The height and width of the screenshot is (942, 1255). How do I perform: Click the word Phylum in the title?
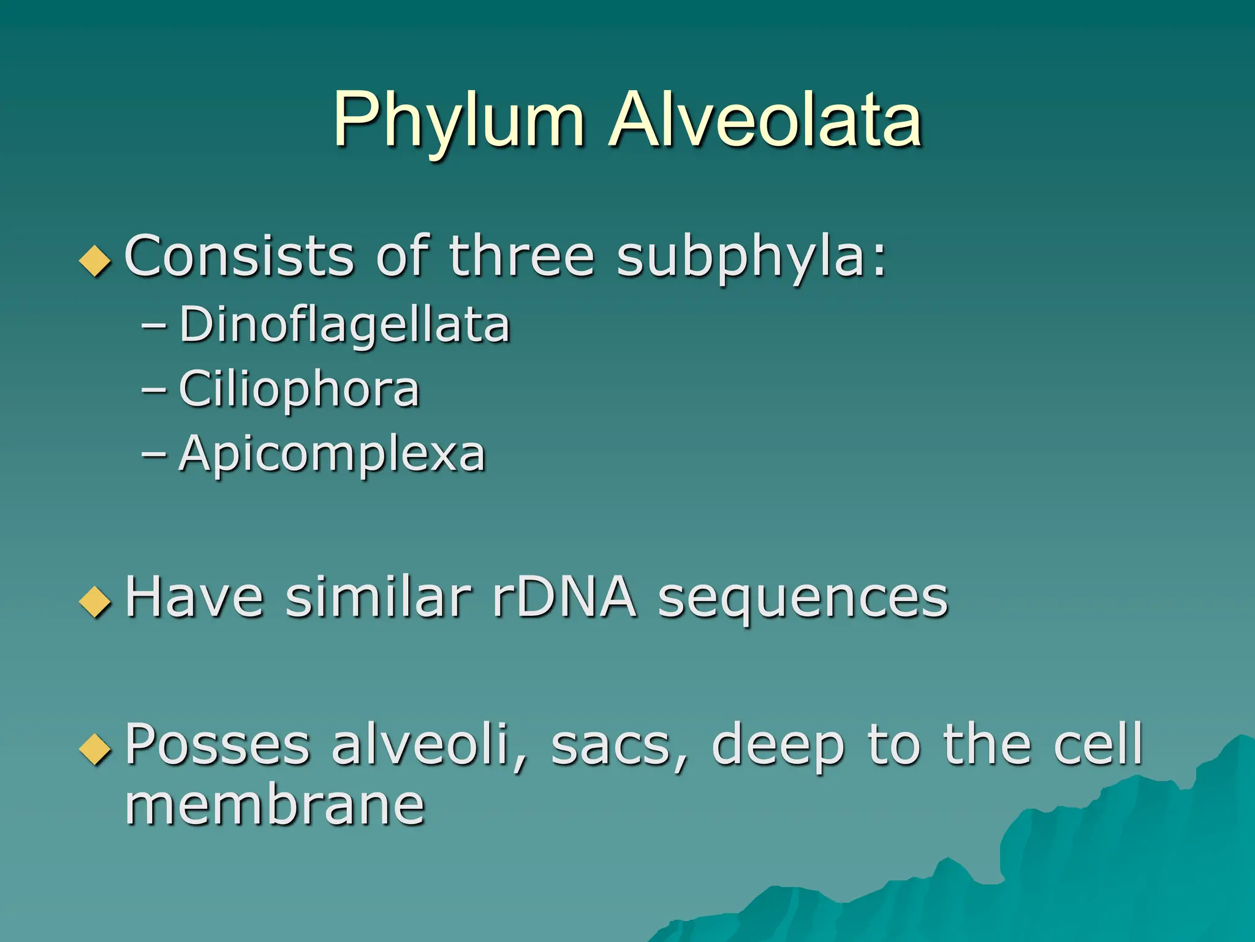pyautogui.click(x=458, y=120)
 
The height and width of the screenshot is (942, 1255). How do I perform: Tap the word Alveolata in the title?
pyautogui.click(x=765, y=120)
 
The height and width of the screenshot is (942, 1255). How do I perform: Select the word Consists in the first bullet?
pyautogui.click(x=239, y=256)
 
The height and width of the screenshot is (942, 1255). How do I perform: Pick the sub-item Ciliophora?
pyautogui.click(x=299, y=389)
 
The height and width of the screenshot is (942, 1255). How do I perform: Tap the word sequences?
pyautogui.click(x=803, y=598)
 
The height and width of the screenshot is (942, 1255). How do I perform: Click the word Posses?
pyautogui.click(x=218, y=745)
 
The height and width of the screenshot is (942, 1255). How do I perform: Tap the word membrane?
pyautogui.click(x=275, y=805)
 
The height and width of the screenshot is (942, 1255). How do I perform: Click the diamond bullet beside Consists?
pyautogui.click(x=96, y=260)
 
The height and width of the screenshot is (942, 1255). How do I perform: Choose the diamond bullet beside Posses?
pyautogui.click(x=96, y=749)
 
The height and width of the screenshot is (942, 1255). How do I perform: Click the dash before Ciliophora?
pyautogui.click(x=153, y=389)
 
